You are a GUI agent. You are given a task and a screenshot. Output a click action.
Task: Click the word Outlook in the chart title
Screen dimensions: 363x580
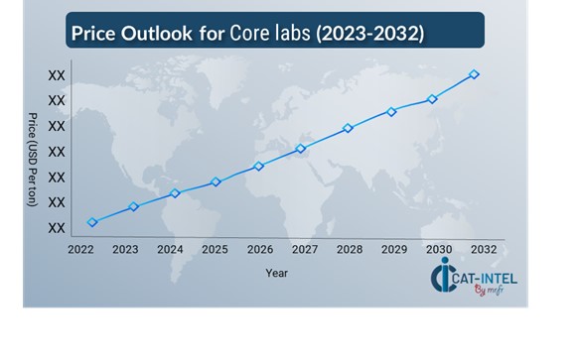164,34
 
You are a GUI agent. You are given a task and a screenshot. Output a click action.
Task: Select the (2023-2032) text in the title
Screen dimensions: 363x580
368,34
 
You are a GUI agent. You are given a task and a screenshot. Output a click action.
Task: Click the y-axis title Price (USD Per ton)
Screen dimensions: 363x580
33,159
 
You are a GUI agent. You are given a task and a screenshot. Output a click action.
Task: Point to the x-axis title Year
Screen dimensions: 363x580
277,273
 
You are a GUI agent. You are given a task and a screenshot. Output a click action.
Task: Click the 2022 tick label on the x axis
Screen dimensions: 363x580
81,250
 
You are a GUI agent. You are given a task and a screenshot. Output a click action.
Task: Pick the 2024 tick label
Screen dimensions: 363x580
170,250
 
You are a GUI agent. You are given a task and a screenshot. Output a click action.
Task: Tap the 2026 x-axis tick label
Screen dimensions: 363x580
260,250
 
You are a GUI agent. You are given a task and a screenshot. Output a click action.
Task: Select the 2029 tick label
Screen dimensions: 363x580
394,250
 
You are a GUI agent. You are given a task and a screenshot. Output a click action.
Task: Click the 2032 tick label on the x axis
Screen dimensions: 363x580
484,250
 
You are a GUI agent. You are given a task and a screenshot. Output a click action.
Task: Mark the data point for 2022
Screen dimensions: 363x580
92,222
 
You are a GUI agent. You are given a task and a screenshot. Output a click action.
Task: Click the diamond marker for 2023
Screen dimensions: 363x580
133,206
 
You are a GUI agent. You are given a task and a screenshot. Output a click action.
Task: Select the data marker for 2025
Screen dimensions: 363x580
216,181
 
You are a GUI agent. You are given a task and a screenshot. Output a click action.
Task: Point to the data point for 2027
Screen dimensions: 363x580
301,149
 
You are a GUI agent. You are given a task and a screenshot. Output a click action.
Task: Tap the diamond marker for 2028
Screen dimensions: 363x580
348,128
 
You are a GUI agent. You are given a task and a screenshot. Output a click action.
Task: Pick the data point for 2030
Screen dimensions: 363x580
432,99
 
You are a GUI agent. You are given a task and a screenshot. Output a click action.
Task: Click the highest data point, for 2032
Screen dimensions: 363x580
474,74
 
